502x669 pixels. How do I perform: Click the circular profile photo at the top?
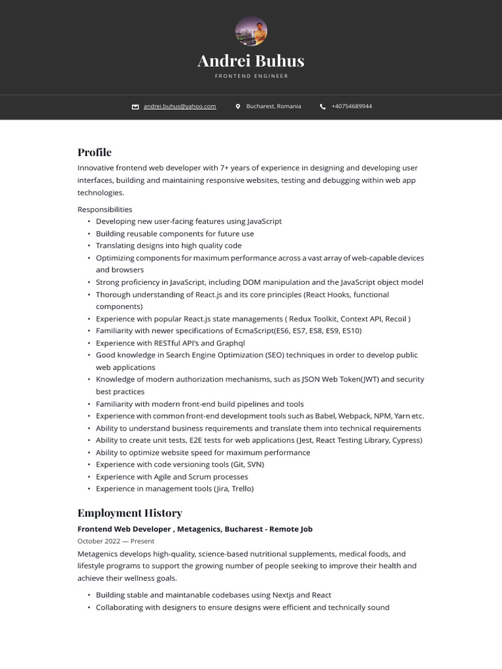[x=251, y=31]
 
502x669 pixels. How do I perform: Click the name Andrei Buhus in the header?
[x=251, y=61]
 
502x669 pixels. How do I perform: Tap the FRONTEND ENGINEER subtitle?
[x=251, y=76]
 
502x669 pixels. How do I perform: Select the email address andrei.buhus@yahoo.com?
[x=180, y=106]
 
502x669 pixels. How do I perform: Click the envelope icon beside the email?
[x=135, y=106]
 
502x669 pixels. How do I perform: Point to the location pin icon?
[x=238, y=106]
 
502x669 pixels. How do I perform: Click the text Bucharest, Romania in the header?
[x=273, y=106]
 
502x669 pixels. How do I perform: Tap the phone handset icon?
[x=323, y=106]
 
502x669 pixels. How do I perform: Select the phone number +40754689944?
[x=352, y=106]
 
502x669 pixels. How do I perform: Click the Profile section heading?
[x=95, y=152]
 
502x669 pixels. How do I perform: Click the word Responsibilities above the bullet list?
[x=105, y=209]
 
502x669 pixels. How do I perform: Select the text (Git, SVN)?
[x=247, y=465]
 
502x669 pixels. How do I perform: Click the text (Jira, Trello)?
[x=233, y=489]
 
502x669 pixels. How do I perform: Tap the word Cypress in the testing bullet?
[x=407, y=440]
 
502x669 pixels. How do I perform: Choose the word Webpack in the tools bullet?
[x=353, y=416]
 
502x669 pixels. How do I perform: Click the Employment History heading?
[x=129, y=513]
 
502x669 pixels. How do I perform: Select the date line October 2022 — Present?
[x=116, y=541]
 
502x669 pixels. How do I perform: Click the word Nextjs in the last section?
[x=280, y=595]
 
